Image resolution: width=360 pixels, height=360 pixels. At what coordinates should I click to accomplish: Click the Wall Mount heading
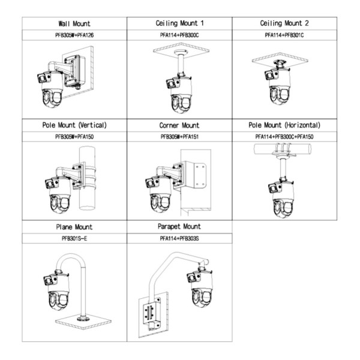point(74,23)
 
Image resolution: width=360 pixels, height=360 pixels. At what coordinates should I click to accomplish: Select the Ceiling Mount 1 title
point(179,23)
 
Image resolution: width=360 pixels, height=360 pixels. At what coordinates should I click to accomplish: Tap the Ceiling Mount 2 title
point(284,23)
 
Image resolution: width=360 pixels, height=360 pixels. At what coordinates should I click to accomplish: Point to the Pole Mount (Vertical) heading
point(74,125)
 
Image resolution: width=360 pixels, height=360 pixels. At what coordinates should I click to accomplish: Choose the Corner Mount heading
point(179,125)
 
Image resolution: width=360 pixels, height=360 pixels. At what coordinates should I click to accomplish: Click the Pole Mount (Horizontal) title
point(284,125)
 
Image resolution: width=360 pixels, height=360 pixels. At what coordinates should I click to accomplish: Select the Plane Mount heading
point(74,227)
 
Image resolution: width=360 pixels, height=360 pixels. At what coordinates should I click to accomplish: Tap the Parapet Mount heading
point(179,227)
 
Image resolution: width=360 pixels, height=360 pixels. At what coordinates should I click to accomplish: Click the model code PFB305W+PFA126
point(74,35)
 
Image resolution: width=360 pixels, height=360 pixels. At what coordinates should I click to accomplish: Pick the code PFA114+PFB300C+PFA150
point(284,137)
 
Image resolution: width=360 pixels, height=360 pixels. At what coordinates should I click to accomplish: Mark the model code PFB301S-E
point(74,239)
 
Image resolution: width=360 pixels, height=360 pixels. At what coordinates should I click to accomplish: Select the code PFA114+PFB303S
point(179,239)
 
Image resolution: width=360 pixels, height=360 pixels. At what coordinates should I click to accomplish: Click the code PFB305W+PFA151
point(179,137)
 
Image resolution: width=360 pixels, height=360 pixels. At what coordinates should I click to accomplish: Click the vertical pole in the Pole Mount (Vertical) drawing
point(88,178)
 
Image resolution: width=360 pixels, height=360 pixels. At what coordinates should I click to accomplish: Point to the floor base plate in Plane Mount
point(83,321)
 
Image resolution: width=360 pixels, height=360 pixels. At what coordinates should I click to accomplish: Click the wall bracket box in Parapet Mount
point(152,313)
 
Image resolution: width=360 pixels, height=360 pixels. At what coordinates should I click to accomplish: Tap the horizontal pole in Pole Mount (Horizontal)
point(283,149)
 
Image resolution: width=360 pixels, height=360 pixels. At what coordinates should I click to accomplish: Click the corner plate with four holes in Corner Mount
point(200,175)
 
